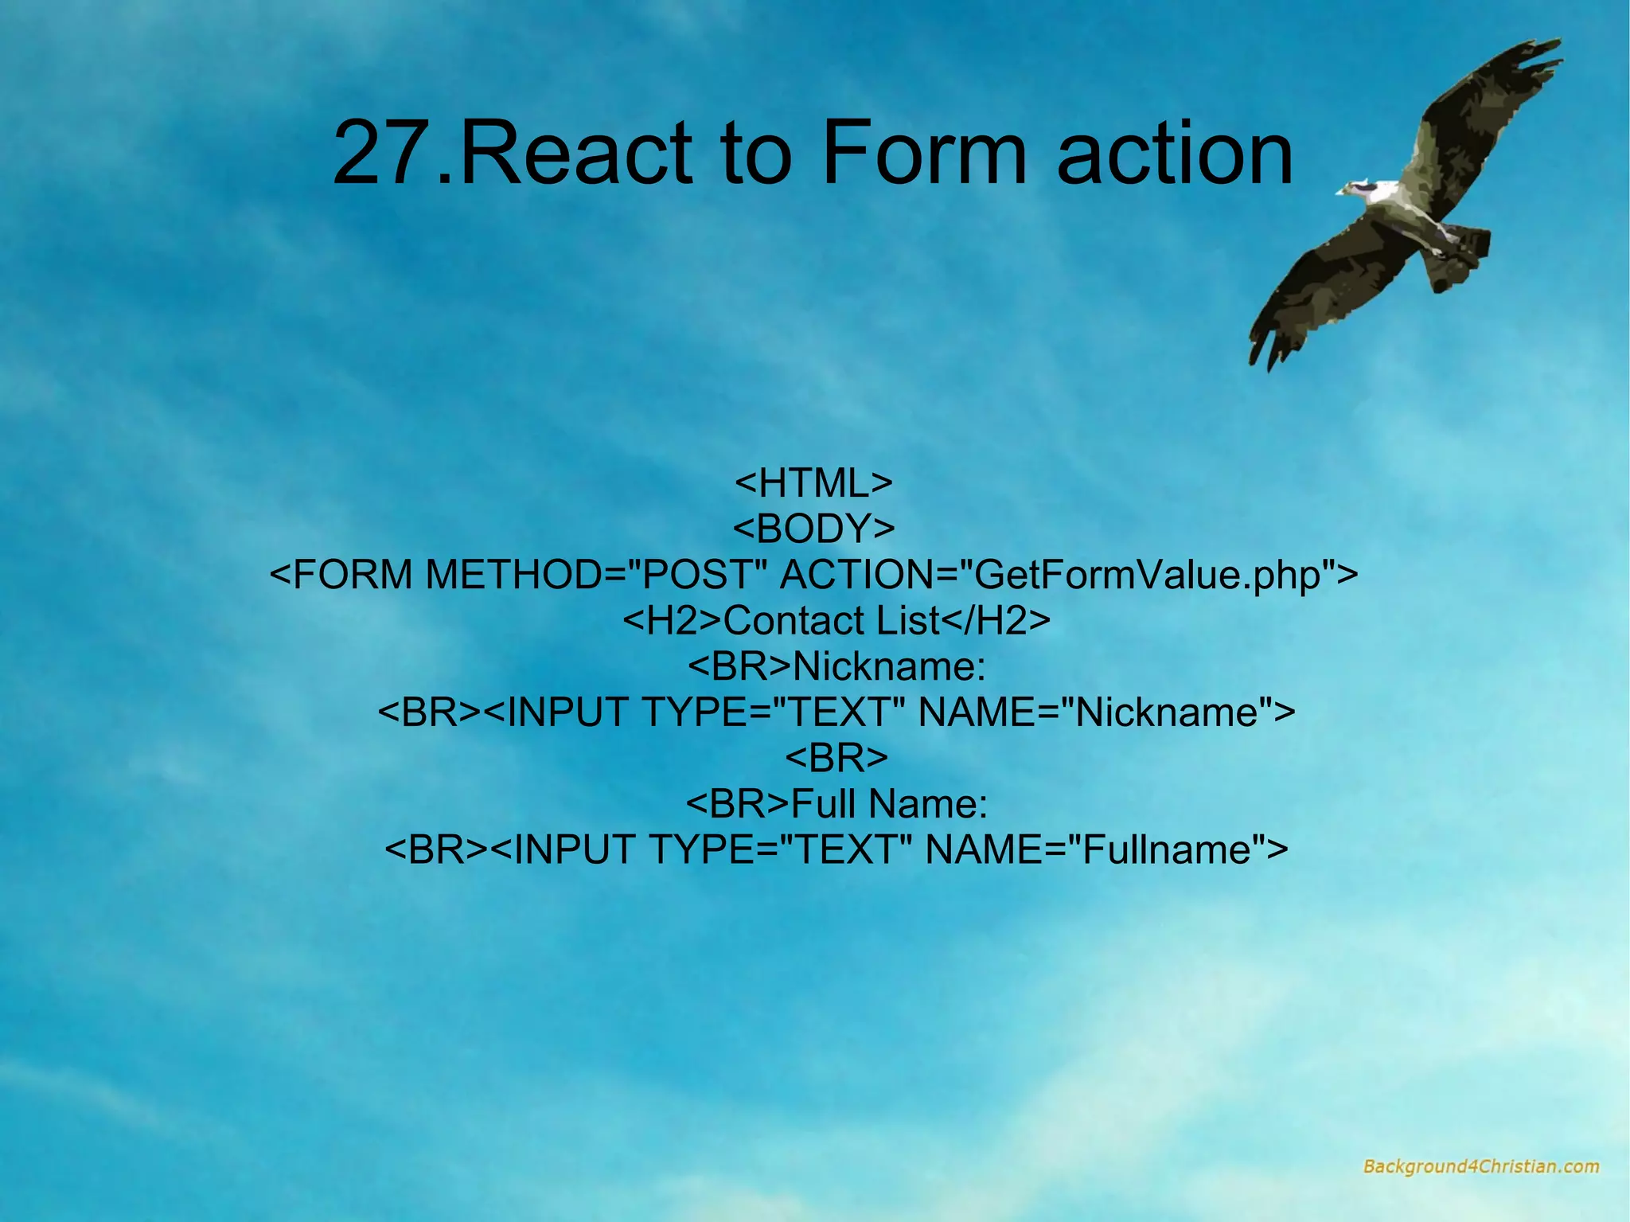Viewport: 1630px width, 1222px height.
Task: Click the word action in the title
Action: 1175,153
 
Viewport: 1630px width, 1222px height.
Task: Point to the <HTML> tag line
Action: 813,483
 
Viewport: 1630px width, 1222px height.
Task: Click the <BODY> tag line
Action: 813,529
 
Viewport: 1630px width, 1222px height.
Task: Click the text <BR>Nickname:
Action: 836,666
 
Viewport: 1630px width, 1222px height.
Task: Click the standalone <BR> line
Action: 836,758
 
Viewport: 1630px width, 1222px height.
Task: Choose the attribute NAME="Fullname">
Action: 1106,849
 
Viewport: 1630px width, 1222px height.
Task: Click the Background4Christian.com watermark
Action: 1480,1167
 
